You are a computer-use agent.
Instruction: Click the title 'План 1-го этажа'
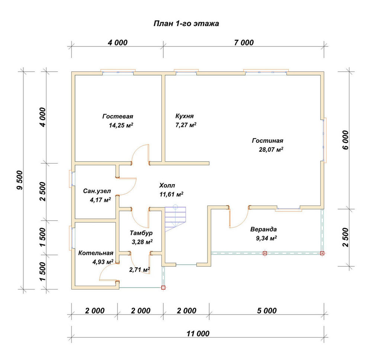pos(186,23)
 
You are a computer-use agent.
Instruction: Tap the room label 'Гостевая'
pos(118,116)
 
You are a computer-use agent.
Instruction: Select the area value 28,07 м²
pos(271,150)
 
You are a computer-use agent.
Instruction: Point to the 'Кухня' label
pos(185,116)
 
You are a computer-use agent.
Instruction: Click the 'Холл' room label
pos(167,185)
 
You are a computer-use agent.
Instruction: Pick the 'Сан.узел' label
pos(97,191)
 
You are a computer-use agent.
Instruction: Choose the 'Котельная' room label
pos(96,253)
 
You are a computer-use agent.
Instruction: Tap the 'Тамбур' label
pos(141,233)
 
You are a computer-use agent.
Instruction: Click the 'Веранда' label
pos(264,229)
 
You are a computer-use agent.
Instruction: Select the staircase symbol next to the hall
pos(175,218)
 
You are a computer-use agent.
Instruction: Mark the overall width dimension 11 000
pos(198,334)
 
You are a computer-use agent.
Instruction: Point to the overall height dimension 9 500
pos(20,180)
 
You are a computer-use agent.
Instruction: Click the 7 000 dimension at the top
pos(244,43)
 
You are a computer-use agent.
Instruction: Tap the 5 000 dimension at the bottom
pos(267,311)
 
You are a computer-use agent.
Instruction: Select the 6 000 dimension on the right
pos(346,140)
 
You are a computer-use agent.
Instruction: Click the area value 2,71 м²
pos(139,270)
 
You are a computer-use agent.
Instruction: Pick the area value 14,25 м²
pos(121,125)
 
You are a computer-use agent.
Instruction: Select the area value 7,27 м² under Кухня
pos(186,125)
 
